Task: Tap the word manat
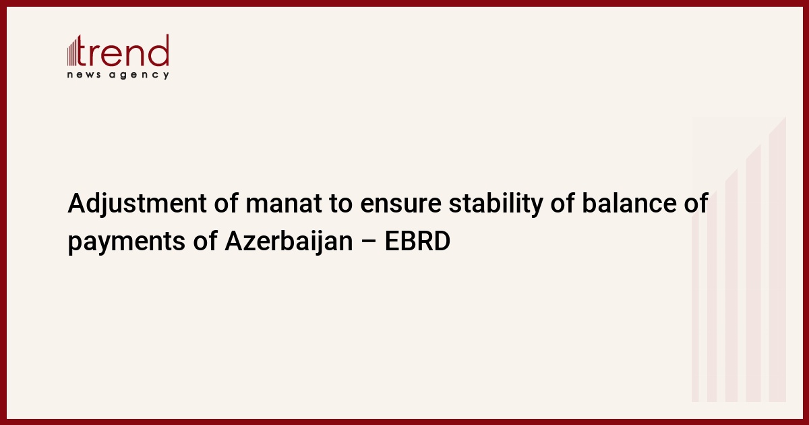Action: [284, 204]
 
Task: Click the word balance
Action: [629, 203]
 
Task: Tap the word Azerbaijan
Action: [289, 241]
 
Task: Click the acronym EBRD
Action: [417, 241]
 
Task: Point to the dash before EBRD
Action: [369, 242]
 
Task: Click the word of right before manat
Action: [226, 203]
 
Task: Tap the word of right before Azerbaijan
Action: [205, 240]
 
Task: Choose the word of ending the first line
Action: [696, 203]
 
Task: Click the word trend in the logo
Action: [123, 51]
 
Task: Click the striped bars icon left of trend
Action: [72, 52]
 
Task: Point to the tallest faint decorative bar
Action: [777, 259]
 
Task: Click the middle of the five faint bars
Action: [731, 285]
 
